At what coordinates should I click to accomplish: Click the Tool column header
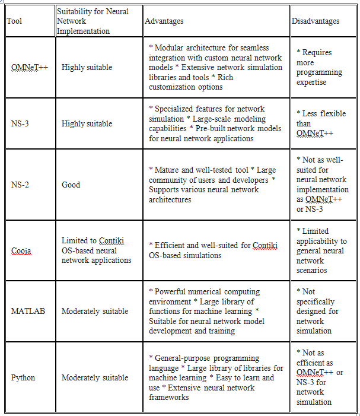(x=14, y=21)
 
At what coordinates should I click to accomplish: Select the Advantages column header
(x=164, y=21)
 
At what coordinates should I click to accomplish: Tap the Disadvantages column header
(x=316, y=21)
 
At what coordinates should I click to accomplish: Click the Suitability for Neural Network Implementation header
(x=92, y=21)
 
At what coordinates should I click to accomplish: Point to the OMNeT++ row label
(x=30, y=68)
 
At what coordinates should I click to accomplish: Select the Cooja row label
(x=21, y=250)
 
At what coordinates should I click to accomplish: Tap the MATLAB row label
(x=27, y=311)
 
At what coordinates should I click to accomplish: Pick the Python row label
(x=23, y=377)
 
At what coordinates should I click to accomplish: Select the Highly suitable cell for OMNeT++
(x=87, y=68)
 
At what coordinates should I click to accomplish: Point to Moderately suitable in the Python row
(x=95, y=377)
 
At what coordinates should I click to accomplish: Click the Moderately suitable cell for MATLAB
(x=95, y=311)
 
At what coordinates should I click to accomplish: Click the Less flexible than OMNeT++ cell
(x=317, y=124)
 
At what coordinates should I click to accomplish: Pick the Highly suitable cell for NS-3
(x=87, y=124)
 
